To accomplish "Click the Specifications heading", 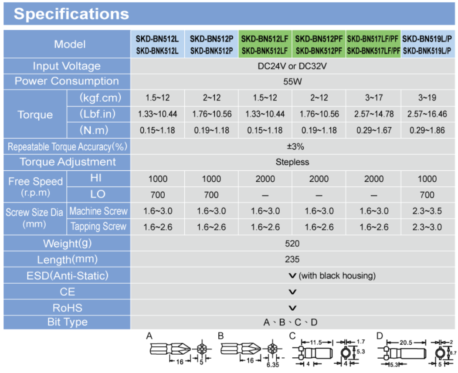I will (x=71, y=14).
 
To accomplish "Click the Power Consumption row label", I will (x=67, y=81).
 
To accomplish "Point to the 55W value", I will (x=292, y=81).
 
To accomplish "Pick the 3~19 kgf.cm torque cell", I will (x=427, y=98).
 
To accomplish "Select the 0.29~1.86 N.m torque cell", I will (x=427, y=130).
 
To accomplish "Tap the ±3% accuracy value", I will (x=292, y=146).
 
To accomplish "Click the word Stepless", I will (x=292, y=162).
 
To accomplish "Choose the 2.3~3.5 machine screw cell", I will (x=427, y=211).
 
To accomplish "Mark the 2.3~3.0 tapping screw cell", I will (x=427, y=227).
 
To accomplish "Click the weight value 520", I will (x=292, y=243).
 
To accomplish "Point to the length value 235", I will (x=292, y=259).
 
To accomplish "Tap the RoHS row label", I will (x=67, y=308).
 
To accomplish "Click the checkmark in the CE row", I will (x=292, y=292).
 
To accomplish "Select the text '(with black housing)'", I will (x=337, y=276).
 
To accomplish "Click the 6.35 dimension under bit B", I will (x=274, y=364).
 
